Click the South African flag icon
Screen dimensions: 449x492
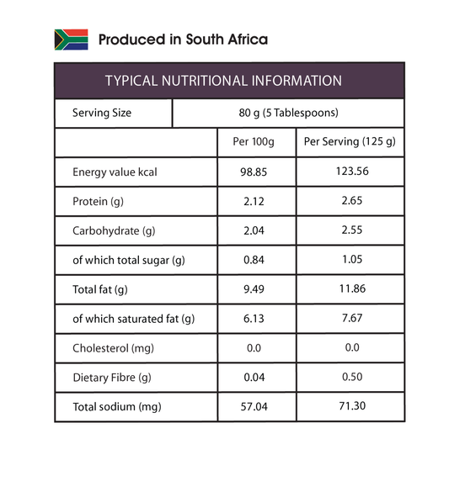pos(72,40)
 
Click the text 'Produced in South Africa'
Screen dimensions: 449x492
pos(183,40)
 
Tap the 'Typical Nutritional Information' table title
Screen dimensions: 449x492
pos(223,81)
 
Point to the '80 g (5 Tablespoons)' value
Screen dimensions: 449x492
pos(288,113)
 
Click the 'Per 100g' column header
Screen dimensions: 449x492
pos(254,141)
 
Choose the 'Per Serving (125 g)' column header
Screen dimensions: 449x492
pos(350,141)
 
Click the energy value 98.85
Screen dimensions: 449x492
pos(254,172)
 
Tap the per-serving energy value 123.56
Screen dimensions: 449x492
pos(352,172)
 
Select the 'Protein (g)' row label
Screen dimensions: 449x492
pos(98,202)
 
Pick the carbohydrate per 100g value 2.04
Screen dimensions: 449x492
pos(254,230)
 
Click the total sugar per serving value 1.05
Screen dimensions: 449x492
pos(352,260)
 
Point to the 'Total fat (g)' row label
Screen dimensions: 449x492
pos(100,289)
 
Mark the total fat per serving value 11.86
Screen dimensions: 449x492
pos(352,288)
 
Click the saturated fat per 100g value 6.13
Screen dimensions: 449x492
pos(254,319)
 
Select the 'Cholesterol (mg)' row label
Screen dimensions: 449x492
pos(113,348)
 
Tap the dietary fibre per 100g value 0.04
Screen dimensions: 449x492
pos(254,377)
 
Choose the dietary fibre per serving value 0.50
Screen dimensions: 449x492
pos(352,377)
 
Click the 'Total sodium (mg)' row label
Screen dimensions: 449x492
pos(117,407)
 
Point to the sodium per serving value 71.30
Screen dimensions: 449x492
pos(352,406)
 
